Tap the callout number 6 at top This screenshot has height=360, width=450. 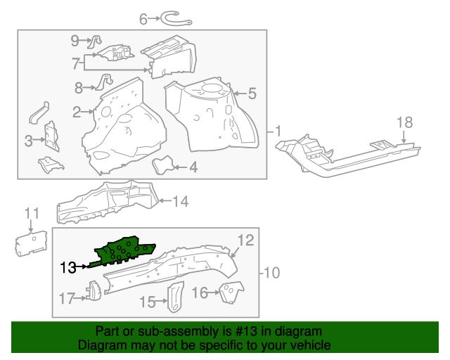[x=143, y=20]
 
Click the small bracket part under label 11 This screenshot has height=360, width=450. [x=30, y=243]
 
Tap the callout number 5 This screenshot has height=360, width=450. [x=251, y=92]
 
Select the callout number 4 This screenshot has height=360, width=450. [x=192, y=167]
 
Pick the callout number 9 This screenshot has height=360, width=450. [x=75, y=41]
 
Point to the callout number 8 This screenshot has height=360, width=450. [x=79, y=87]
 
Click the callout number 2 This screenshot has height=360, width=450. [x=77, y=111]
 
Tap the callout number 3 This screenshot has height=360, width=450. [x=29, y=141]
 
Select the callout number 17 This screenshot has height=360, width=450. [x=65, y=299]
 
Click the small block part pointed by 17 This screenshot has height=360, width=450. [x=92, y=290]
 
